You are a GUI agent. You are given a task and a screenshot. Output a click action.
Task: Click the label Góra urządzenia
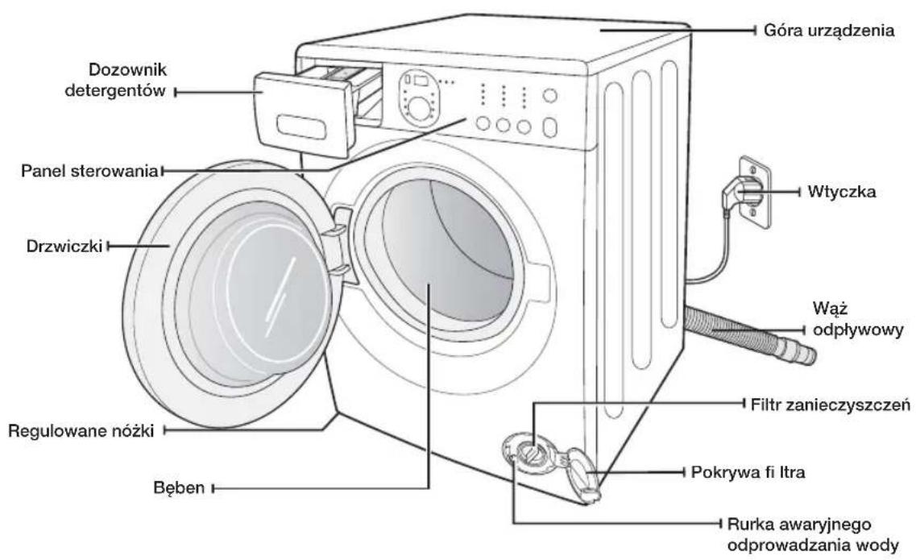[x=828, y=31]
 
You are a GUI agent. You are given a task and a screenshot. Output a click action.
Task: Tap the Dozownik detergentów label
[x=116, y=80]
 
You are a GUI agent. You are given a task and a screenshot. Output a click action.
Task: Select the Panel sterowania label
[x=90, y=171]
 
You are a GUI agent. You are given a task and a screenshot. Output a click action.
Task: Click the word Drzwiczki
[x=64, y=246]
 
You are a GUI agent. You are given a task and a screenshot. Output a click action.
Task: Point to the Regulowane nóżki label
[x=81, y=431]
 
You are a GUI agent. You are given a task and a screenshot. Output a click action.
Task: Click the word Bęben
[x=179, y=487]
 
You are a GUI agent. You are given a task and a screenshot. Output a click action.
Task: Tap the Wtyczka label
[x=841, y=192]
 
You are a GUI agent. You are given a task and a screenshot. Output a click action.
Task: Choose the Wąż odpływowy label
[x=857, y=319]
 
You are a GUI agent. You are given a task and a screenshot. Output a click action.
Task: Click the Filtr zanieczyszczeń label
[x=830, y=404]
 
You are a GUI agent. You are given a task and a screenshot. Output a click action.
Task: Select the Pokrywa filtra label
[x=748, y=471]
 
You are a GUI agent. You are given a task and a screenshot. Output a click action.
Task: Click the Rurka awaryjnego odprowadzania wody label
[x=813, y=535]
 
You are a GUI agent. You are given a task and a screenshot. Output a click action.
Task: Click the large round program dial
[x=417, y=109]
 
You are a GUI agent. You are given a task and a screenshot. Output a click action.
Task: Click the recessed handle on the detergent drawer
[x=301, y=127]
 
